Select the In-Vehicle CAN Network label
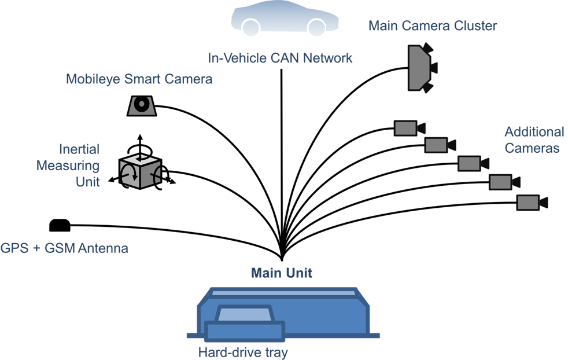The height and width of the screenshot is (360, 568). click(x=280, y=58)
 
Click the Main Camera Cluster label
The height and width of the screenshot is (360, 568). click(x=433, y=25)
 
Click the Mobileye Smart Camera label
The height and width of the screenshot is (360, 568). click(x=139, y=79)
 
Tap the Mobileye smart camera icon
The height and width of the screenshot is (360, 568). click(x=141, y=105)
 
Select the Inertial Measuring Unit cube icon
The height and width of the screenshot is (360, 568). click(x=140, y=170)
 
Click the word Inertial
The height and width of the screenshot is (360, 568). click(x=79, y=149)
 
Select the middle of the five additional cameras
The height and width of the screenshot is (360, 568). click(x=470, y=163)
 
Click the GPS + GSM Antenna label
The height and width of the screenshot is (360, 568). click(x=65, y=249)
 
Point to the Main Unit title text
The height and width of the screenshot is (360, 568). click(x=282, y=273)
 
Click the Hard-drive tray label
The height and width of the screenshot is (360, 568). click(x=242, y=352)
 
